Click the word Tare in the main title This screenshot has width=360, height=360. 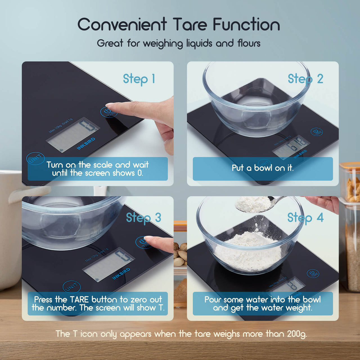[x=190, y=24]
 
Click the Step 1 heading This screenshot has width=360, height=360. [x=139, y=79]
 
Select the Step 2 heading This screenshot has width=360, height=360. [x=305, y=79]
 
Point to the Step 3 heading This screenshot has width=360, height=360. [x=143, y=218]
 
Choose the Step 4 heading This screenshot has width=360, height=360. [x=305, y=218]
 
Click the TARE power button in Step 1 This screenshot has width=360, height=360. [x=109, y=112]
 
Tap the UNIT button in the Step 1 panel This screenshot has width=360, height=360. [x=35, y=159]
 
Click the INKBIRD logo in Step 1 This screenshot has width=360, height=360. [x=86, y=144]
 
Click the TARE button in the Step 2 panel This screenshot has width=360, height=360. [x=317, y=132]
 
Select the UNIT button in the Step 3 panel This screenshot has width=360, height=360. [x=71, y=287]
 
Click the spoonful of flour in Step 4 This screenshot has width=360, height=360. [x=252, y=204]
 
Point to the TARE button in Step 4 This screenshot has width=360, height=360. [x=312, y=273]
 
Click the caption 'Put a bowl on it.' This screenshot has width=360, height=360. [x=262, y=168]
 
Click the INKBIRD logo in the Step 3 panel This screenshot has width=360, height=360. [x=121, y=274]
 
